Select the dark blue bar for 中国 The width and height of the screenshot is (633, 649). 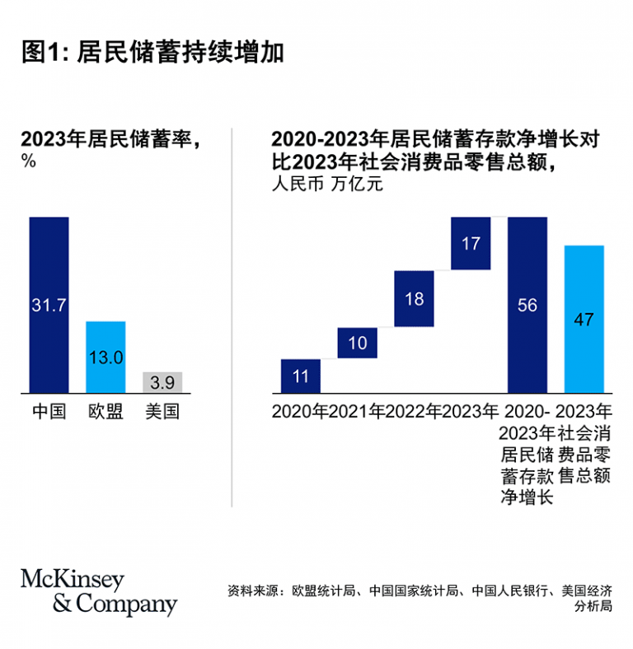pos(49,272)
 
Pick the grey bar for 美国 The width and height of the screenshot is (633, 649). pos(162,382)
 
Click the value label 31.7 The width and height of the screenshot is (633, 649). pos(49,306)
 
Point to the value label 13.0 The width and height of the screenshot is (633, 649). pos(106,357)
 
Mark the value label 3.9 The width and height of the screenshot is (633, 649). pos(162,383)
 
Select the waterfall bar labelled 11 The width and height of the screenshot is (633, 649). pos(301,376)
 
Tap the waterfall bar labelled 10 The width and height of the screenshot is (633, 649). pos(358,343)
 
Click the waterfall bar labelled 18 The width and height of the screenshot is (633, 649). pos(415,298)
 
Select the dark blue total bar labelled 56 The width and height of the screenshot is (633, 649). pos(527,305)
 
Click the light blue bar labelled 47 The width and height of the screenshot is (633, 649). pos(584,320)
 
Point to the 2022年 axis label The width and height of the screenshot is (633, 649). pos(414,411)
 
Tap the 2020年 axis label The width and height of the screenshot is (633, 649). pos(300,411)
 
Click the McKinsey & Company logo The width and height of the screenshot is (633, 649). pos(99,592)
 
